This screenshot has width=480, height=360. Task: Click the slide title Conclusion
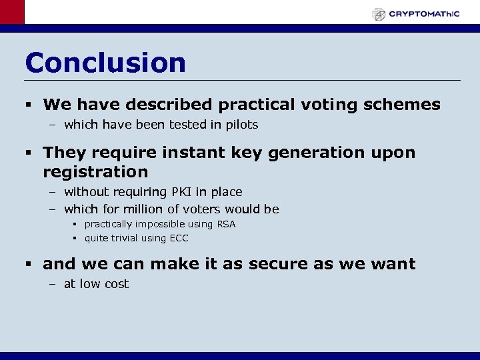pyautogui.click(x=105, y=63)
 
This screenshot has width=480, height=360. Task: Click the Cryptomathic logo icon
pyautogui.click(x=379, y=14)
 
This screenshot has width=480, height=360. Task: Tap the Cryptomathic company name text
pyautogui.click(x=424, y=14)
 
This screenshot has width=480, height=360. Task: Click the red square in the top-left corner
pyautogui.click(x=11, y=12)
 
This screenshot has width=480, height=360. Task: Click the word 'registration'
pyautogui.click(x=95, y=172)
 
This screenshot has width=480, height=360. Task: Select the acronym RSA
pyautogui.click(x=226, y=224)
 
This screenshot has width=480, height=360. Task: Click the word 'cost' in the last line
pyautogui.click(x=116, y=284)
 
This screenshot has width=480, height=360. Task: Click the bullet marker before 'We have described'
pyautogui.click(x=31, y=105)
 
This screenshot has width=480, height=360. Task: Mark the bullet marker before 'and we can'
pyautogui.click(x=31, y=265)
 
